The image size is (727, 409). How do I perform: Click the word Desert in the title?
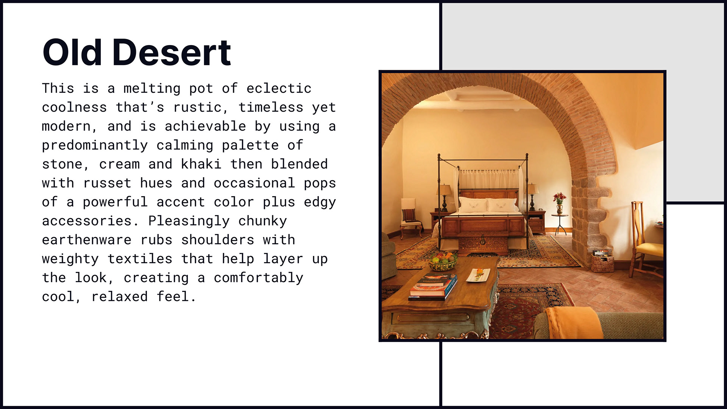tap(172, 52)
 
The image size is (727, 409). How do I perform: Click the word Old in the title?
tap(72, 52)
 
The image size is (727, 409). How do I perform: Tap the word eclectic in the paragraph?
tap(279, 88)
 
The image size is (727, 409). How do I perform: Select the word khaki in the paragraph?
tap(201, 164)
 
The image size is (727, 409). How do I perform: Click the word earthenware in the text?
tap(87, 240)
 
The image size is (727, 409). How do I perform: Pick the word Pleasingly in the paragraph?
tap(189, 221)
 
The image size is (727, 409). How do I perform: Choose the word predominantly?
tap(95, 145)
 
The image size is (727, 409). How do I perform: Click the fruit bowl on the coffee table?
tap(443, 261)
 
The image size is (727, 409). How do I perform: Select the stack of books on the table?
tap(433, 286)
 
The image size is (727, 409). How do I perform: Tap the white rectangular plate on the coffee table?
tap(478, 275)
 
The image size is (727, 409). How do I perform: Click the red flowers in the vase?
tap(559, 198)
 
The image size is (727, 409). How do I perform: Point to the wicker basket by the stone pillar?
tap(602, 261)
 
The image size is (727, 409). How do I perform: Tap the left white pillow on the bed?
tap(473, 205)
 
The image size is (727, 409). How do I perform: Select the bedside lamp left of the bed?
tap(444, 197)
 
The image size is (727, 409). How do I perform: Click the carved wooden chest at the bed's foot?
tap(483, 244)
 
